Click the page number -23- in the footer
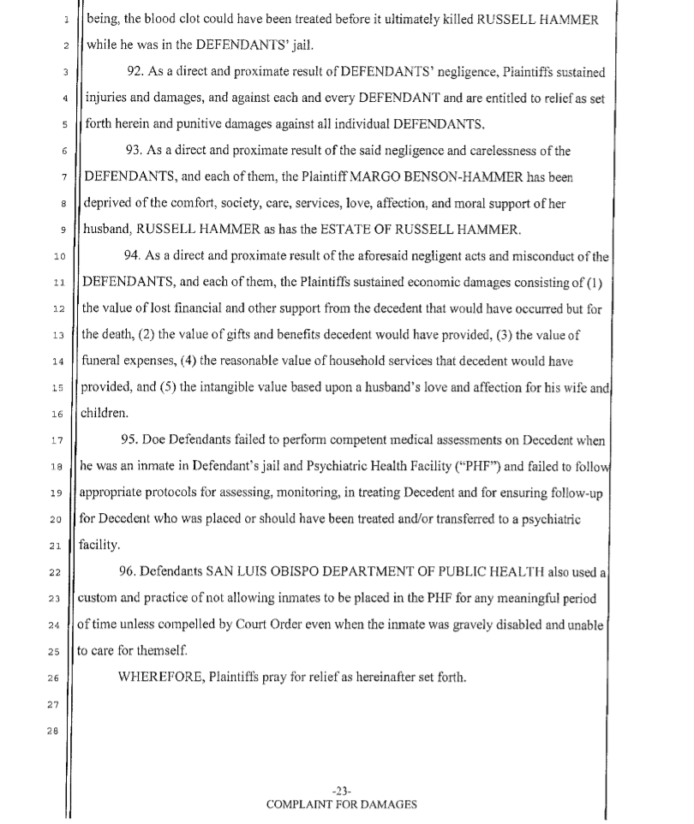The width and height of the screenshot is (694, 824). pos(342,791)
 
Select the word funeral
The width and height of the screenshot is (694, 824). pos(102,361)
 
